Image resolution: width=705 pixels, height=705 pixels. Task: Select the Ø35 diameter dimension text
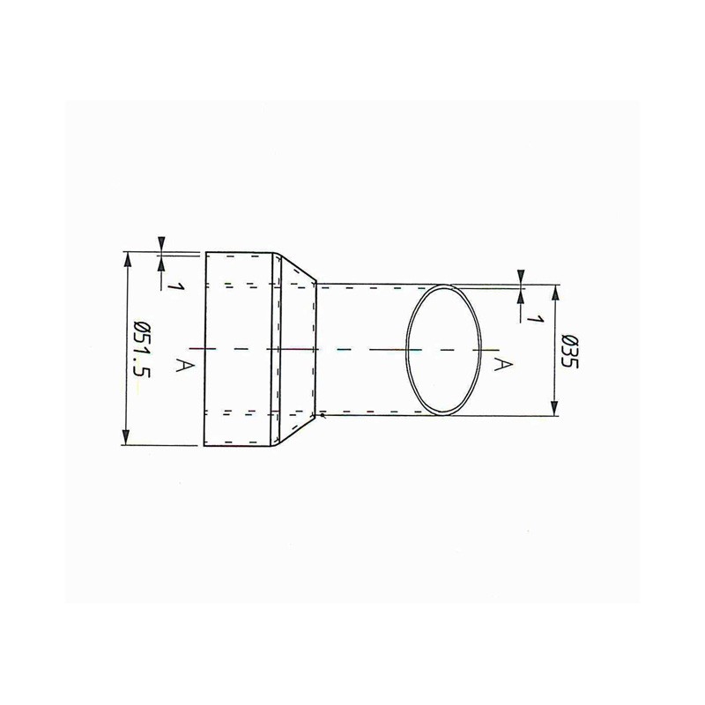coord(570,352)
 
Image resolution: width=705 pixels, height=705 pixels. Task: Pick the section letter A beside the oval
coord(503,363)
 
